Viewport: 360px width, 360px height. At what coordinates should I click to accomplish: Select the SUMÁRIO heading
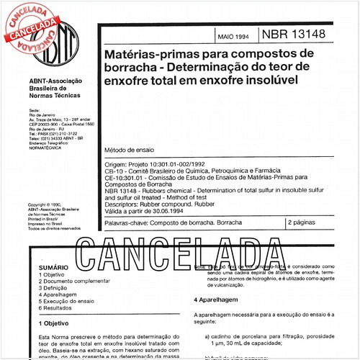pyautogui.click(x=53, y=267)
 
